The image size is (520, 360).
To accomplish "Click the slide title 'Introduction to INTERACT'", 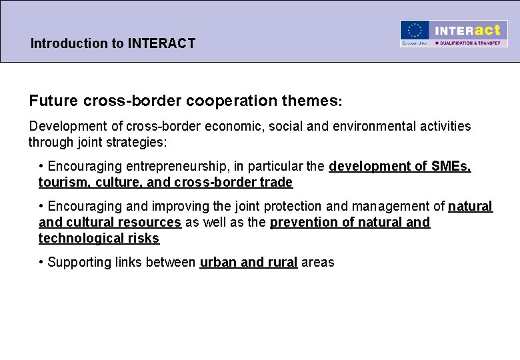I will [x=113, y=44].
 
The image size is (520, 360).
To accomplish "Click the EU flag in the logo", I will [x=415, y=31].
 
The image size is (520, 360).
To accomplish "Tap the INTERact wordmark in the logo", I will [x=467, y=30].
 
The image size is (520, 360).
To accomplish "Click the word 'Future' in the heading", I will [x=54, y=101].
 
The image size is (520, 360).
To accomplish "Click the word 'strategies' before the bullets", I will [x=142, y=142].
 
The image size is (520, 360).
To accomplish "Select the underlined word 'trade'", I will [x=275, y=182].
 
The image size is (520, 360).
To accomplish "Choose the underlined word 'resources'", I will [x=150, y=222].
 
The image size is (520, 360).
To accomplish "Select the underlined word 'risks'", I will [x=144, y=238].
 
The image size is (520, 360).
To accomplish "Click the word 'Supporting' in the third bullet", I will [x=79, y=262].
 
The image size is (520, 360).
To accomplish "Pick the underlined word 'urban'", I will [x=218, y=262].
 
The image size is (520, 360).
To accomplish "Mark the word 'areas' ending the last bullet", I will [x=317, y=262].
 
